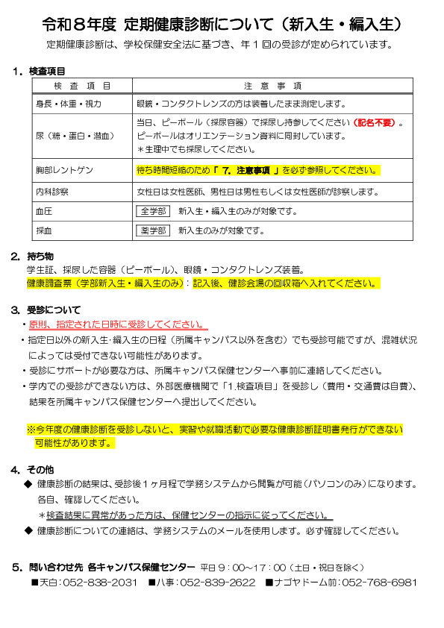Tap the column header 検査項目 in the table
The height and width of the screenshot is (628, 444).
(x=82, y=86)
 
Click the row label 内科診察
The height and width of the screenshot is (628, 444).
(x=52, y=192)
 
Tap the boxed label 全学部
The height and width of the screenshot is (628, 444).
(x=154, y=211)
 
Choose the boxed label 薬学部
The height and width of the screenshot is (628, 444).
(x=154, y=230)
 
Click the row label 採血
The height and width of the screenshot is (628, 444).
(x=44, y=230)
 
